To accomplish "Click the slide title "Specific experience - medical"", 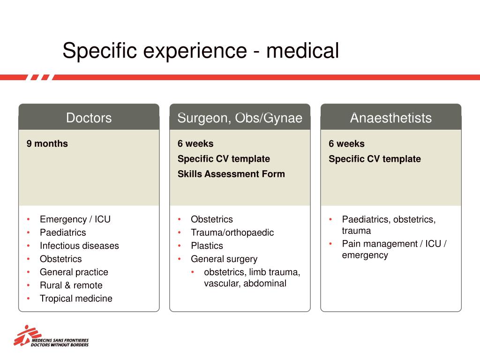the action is tap(201, 51).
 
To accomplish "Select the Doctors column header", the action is tap(89, 118).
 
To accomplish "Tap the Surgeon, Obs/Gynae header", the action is tap(240, 118).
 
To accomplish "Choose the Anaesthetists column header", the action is tap(391, 118).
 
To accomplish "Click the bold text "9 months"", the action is tap(47, 143).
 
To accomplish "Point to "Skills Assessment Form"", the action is tap(231, 174).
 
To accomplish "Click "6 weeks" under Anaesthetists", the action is tap(346, 143).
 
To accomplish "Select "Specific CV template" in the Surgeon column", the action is tap(224, 159).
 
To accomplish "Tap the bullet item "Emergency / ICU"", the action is tap(75, 219).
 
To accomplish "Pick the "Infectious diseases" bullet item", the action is tap(79, 246).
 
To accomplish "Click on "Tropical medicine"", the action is tap(76, 299).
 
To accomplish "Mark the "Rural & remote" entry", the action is tap(71, 285).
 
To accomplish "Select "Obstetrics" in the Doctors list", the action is tap(61, 259).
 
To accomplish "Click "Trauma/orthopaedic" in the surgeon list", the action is tap(232, 232).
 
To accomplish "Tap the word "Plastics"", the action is tap(207, 246).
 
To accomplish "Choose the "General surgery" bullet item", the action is tap(224, 259).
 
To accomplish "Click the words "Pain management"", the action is tap(380, 244).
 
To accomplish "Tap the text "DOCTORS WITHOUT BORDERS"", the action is tap(60, 345).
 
